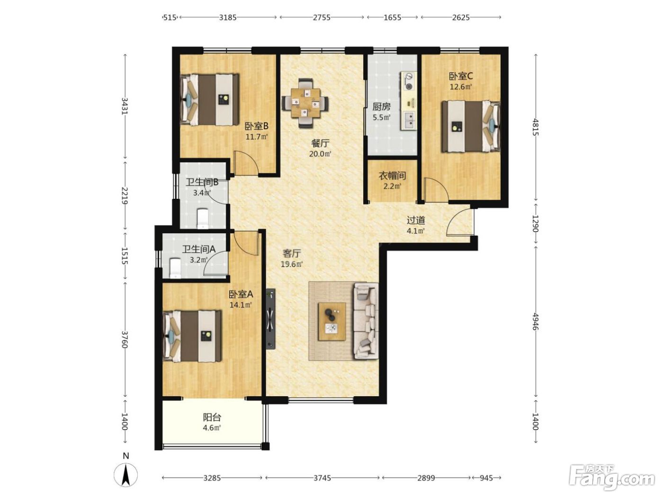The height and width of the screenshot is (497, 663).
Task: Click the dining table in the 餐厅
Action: click(305, 103)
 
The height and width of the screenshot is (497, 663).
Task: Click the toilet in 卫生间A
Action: click(175, 267)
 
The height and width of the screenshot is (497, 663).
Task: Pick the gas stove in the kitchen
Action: click(408, 81)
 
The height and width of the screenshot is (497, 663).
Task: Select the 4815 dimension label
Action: click(536, 127)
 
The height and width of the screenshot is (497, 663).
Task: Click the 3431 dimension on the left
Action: click(125, 106)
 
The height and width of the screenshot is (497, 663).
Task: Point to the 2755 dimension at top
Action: click(322, 18)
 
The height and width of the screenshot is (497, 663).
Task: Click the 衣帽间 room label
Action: click(392, 175)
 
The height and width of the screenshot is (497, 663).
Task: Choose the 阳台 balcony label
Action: click(212, 417)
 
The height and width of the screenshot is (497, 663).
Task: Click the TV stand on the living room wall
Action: click(270, 319)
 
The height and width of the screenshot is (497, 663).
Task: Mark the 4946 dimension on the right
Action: click(536, 322)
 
